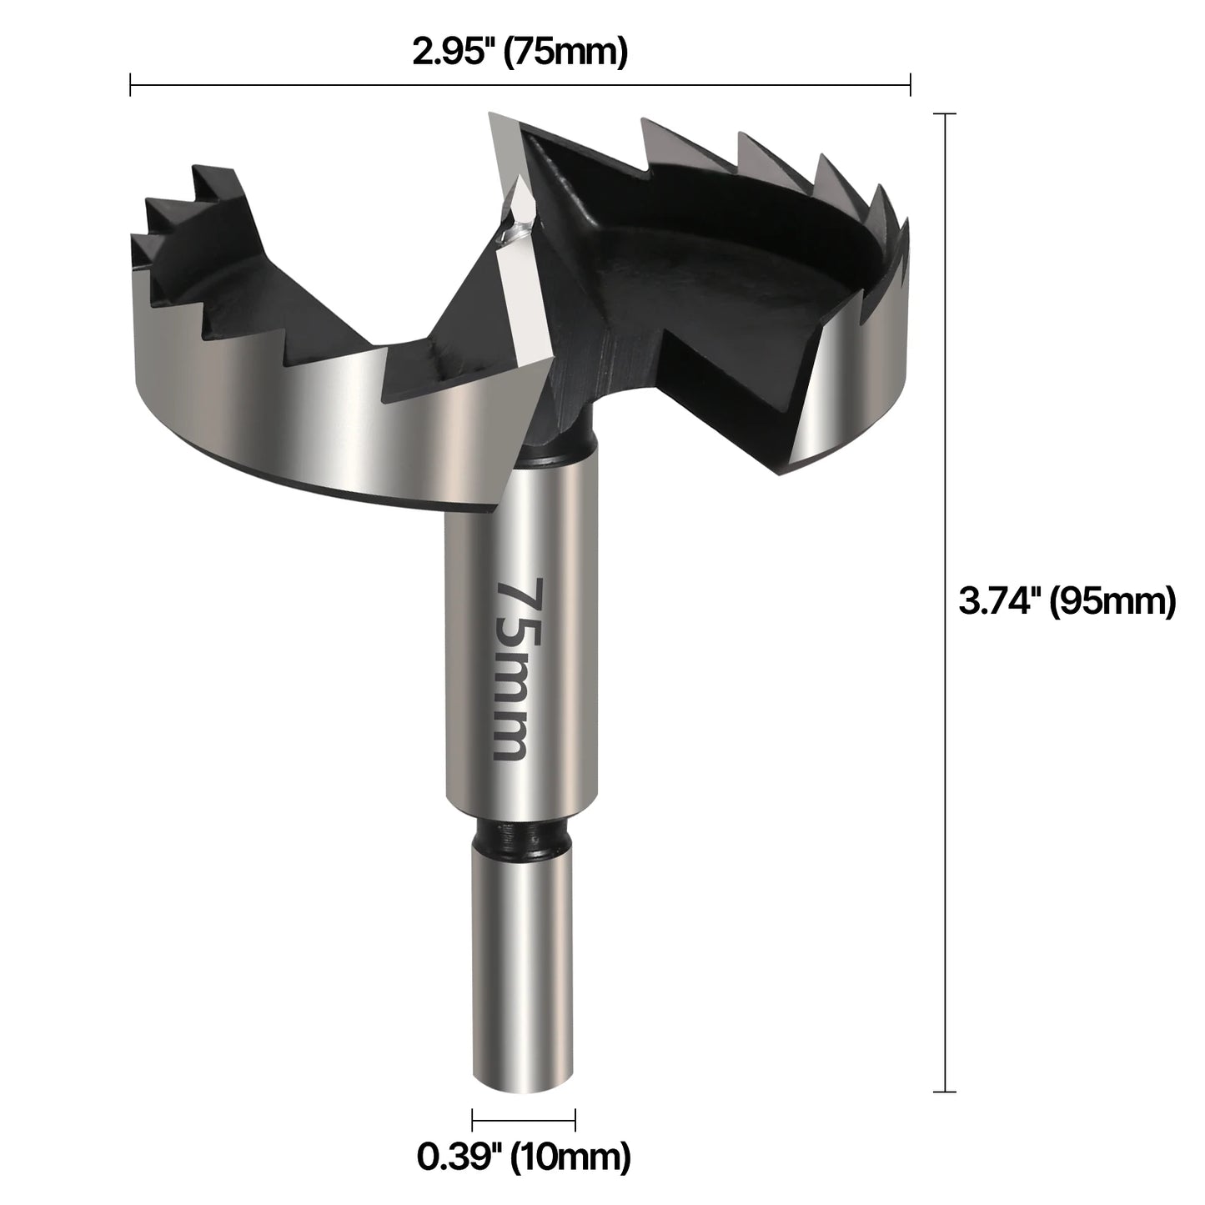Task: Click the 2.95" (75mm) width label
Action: coord(520,53)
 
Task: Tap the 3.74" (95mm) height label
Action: coord(1067,600)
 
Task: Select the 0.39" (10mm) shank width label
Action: coord(523,1156)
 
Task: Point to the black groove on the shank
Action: coord(524,837)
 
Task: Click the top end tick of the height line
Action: coord(944,113)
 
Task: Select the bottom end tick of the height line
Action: coord(944,1091)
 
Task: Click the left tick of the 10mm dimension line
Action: coord(473,1120)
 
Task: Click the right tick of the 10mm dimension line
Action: coord(575,1120)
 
